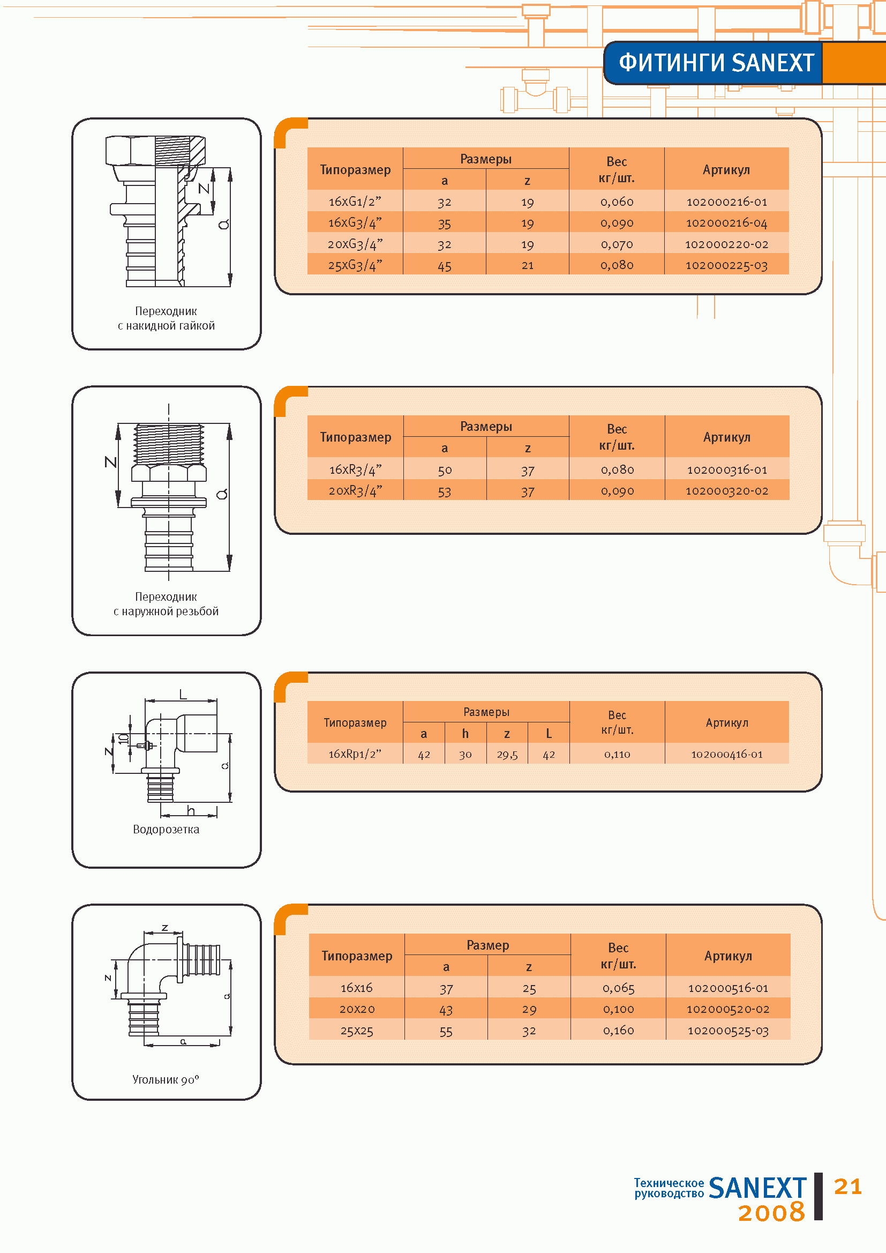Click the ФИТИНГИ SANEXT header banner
(716, 63)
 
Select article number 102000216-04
(726, 222)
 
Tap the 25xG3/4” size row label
(355, 265)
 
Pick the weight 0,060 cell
(617, 202)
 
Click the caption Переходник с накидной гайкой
(167, 318)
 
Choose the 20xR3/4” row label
(356, 490)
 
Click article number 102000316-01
(727, 469)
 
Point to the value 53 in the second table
(445, 491)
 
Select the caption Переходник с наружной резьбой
(167, 604)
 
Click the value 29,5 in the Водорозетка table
(507, 755)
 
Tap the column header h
(465, 734)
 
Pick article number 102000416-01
(727, 754)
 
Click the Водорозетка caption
(167, 829)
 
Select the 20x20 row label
(357, 1009)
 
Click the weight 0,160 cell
(618, 1031)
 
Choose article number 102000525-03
(728, 1031)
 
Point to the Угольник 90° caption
(166, 1079)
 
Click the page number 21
(848, 1187)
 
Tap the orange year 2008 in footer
(771, 1212)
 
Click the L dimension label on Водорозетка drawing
(183, 694)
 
